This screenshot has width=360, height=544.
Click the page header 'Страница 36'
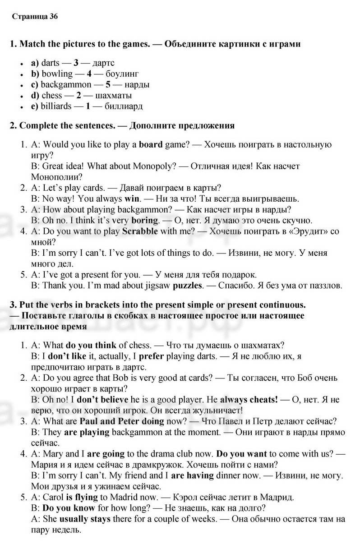[35, 17]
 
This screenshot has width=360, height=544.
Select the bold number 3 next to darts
[76, 63]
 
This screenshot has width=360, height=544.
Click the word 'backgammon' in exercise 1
[66, 84]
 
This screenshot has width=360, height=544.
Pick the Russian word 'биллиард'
[124, 106]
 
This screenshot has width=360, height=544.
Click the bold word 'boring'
[145, 220]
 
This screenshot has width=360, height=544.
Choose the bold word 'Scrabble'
[140, 231]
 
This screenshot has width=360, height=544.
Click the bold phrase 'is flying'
[78, 497]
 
